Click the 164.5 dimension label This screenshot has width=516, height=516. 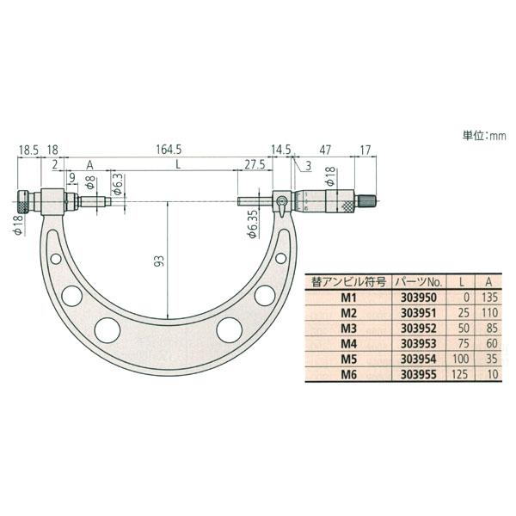coord(169,150)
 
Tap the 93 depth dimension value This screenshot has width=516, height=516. coord(159,261)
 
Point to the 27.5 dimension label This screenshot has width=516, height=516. coord(253,164)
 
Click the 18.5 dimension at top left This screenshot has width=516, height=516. coord(28,150)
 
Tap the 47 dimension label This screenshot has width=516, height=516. coord(325,150)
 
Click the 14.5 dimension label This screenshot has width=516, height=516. coord(280,150)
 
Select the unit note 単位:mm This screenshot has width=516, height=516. coord(484,136)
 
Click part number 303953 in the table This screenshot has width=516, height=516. coord(418,343)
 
